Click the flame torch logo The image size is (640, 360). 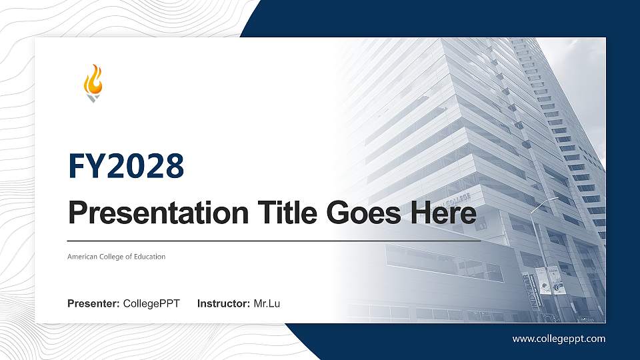[x=93, y=83]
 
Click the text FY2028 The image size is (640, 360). [x=126, y=166]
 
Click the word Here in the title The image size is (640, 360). [x=445, y=213]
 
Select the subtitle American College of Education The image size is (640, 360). [x=116, y=257]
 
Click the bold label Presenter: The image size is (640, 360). [x=93, y=304]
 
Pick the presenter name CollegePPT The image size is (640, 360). [x=151, y=304]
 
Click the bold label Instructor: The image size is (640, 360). [x=224, y=304]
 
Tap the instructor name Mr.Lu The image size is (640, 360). [x=267, y=304]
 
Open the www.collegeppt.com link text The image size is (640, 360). [x=559, y=339]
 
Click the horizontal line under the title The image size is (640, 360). [x=273, y=241]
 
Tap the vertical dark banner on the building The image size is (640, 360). [x=533, y=292]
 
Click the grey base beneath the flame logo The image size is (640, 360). [x=93, y=98]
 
